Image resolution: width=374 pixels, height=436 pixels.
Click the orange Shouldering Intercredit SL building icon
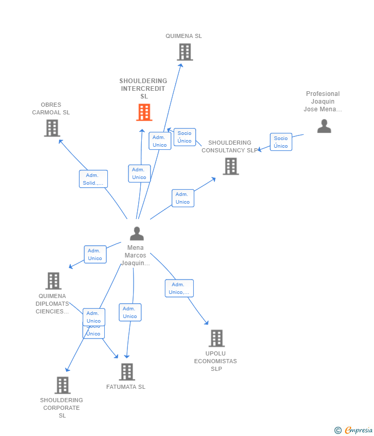pos(144,112)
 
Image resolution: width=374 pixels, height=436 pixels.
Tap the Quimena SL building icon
pos(184,52)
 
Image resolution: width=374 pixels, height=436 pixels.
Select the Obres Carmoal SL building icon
pos(52,128)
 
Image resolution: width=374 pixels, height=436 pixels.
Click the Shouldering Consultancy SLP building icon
pos(231,166)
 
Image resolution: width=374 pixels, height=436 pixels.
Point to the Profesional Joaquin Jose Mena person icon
pos(324,126)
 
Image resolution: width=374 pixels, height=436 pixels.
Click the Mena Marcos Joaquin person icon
pos(137,233)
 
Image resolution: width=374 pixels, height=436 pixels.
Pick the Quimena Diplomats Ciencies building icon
pos(53,281)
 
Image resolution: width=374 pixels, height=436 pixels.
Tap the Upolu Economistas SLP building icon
pos(216,339)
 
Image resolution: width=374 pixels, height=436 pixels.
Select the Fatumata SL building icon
pos(126,372)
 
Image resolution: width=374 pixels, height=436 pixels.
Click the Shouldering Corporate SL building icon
pos(62,385)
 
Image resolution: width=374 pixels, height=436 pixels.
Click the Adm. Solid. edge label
pos(93,179)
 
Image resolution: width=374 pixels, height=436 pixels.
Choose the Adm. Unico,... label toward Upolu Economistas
pos(179,288)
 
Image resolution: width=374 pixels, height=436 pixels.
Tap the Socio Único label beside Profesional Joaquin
pos(281,142)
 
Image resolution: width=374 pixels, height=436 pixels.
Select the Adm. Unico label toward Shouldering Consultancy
pos(183,198)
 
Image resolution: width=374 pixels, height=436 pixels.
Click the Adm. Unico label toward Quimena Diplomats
pos(95,254)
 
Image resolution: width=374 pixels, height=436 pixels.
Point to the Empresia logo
pos(354,430)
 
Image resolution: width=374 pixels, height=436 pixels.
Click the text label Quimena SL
pos(184,36)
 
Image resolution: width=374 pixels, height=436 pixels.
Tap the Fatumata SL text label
pos(126,387)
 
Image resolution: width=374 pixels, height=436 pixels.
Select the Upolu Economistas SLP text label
pos(216,361)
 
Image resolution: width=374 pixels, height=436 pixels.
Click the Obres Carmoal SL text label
pos(51,109)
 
